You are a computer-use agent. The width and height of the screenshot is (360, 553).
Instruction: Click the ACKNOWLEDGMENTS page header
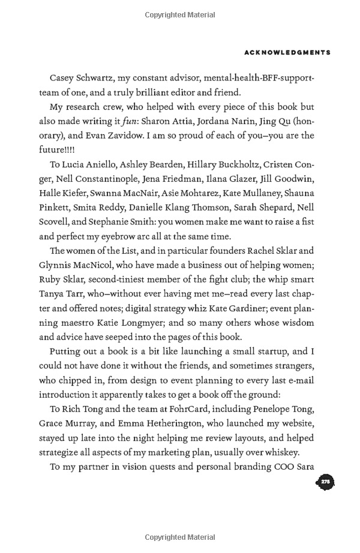pyautogui.click(x=287, y=53)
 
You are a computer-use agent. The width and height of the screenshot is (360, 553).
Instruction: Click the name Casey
pyautogui.click(x=64, y=79)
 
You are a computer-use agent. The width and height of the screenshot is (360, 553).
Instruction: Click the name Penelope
pyautogui.click(x=250, y=409)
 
